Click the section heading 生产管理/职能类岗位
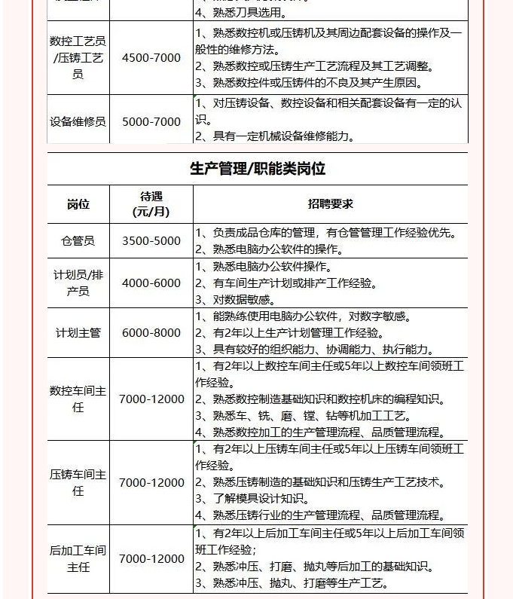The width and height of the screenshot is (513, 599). [257, 168]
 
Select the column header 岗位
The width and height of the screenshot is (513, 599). [78, 204]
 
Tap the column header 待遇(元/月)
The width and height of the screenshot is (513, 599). [151, 204]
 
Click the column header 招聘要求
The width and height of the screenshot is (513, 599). [330, 204]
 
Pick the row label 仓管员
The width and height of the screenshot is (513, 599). [78, 241]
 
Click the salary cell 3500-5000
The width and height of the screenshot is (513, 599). [151, 241]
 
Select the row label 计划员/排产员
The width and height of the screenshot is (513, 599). [78, 283]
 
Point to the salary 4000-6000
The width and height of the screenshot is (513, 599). [151, 283]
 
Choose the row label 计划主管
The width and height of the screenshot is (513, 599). [78, 333]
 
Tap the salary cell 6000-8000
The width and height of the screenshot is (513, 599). [151, 333]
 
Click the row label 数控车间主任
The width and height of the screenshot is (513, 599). [78, 399]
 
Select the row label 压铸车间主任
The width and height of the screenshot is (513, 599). [78, 483]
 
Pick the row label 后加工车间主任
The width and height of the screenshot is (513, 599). [78, 559]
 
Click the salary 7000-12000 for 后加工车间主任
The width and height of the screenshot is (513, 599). [151, 559]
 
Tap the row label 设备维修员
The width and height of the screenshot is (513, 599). [78, 121]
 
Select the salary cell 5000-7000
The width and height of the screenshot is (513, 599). [151, 121]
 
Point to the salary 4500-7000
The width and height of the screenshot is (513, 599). [151, 58]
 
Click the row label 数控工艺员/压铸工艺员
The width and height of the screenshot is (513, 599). [78, 58]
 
